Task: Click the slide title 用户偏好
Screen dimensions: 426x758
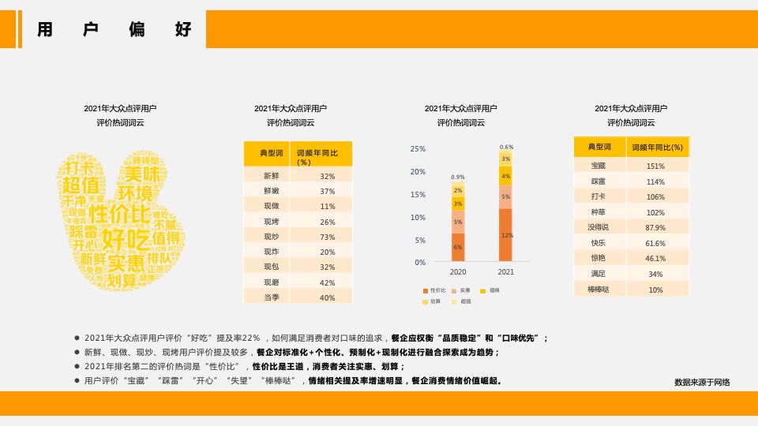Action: [x=114, y=31]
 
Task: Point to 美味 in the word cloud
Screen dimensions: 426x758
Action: [x=142, y=174]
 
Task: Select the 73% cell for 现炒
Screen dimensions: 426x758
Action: [x=328, y=237]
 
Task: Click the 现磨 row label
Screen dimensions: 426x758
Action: [x=271, y=282]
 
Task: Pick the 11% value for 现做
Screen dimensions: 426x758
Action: [x=328, y=207]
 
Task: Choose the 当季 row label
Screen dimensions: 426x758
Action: [x=271, y=297]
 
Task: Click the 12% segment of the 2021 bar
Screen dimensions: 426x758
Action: [x=506, y=235]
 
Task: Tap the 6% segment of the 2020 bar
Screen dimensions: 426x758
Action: [x=458, y=248]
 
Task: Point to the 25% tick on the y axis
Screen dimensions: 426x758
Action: [x=418, y=149]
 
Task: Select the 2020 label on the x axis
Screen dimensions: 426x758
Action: [x=458, y=272]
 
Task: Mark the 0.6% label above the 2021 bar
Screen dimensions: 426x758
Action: [x=506, y=148]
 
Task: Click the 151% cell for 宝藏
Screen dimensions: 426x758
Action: [x=655, y=166]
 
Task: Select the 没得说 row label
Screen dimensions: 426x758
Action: [x=599, y=227]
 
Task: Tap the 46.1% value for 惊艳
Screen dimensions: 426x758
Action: [x=655, y=258]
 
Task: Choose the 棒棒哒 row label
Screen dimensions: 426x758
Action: [x=599, y=290]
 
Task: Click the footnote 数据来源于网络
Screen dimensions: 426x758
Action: [x=702, y=383]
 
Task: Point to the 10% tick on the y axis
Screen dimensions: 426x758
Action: [x=418, y=218]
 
